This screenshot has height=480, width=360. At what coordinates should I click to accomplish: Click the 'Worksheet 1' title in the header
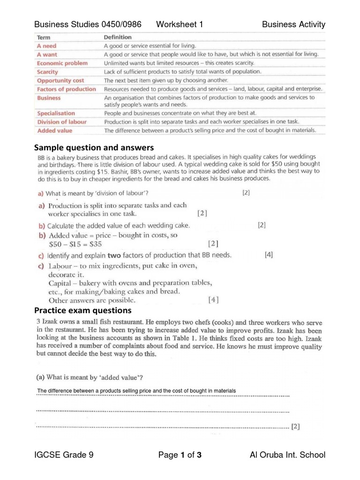(x=180, y=24)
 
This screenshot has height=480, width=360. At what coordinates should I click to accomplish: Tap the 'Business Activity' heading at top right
(x=293, y=24)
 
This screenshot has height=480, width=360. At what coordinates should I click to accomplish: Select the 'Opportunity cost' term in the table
(x=60, y=81)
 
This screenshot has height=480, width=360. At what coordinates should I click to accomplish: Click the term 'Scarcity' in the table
(x=47, y=72)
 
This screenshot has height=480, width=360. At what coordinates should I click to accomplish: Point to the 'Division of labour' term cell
(x=61, y=122)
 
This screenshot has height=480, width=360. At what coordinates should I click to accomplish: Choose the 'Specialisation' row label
(x=56, y=113)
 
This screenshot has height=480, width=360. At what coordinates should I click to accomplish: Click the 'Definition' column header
(x=118, y=37)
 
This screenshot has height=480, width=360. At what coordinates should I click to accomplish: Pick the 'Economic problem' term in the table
(x=62, y=63)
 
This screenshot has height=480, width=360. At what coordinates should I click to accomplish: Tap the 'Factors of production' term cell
(x=66, y=89)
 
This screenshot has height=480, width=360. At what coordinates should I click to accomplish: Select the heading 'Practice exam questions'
(x=83, y=311)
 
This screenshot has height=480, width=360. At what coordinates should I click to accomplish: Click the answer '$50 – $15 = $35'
(x=75, y=244)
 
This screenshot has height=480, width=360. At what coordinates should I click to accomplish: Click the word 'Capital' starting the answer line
(x=60, y=283)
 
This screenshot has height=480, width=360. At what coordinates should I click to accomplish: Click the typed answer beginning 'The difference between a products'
(x=136, y=391)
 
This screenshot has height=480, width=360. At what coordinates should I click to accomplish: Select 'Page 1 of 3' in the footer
(x=180, y=455)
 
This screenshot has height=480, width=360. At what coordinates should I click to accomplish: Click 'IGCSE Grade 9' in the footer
(x=64, y=455)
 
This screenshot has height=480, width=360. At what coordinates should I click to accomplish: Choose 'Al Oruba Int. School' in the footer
(x=288, y=455)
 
